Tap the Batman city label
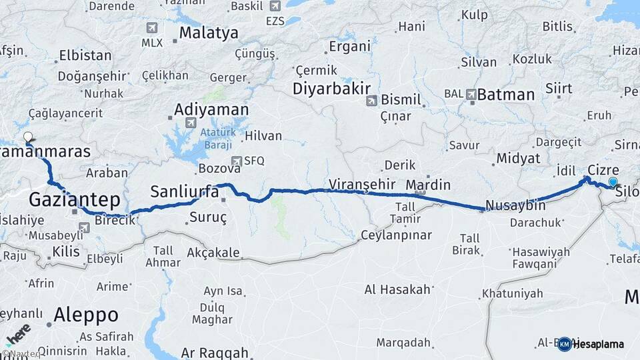[x=506, y=95]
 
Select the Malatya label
[x=209, y=33]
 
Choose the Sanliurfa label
[x=184, y=192]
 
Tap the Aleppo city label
[x=86, y=313]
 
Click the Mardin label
[x=428, y=185]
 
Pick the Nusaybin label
[x=515, y=205]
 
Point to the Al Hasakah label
[x=398, y=289]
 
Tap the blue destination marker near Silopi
[x=613, y=181]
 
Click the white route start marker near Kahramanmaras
[x=28, y=138]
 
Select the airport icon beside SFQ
[x=236, y=161]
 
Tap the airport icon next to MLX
[x=151, y=28]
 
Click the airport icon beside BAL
[x=471, y=95]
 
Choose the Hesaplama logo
[x=591, y=344]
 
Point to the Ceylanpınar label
[x=396, y=235]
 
